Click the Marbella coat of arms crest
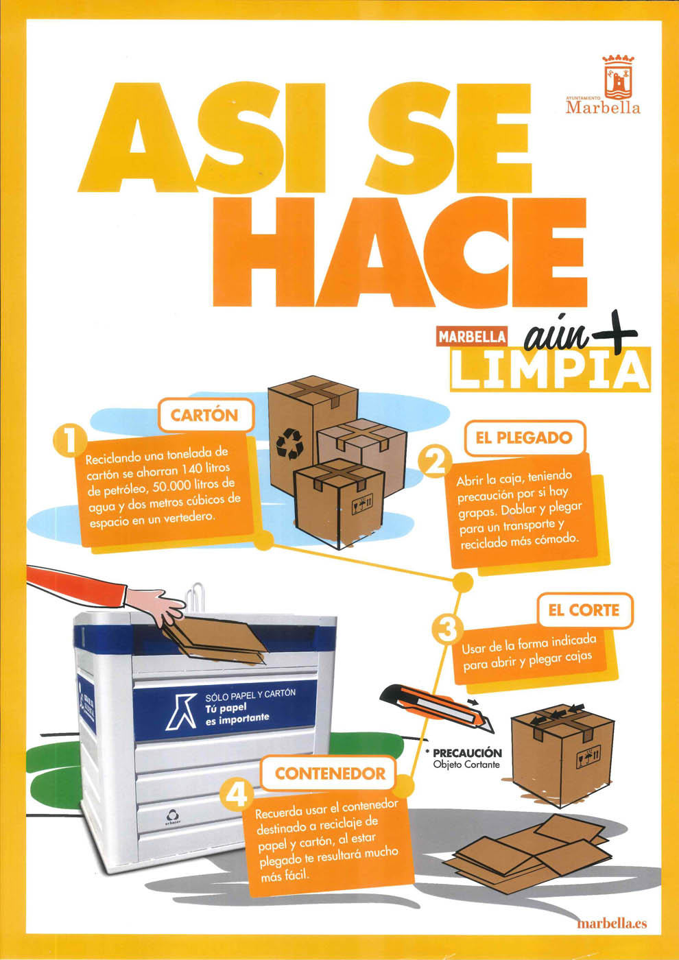tap(618, 76)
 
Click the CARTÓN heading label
tap(204, 416)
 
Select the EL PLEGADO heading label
tap(524, 438)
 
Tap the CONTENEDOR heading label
tap(330, 773)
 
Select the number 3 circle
tap(447, 630)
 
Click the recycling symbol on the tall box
tap(289, 444)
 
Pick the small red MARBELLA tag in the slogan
tap(472, 337)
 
